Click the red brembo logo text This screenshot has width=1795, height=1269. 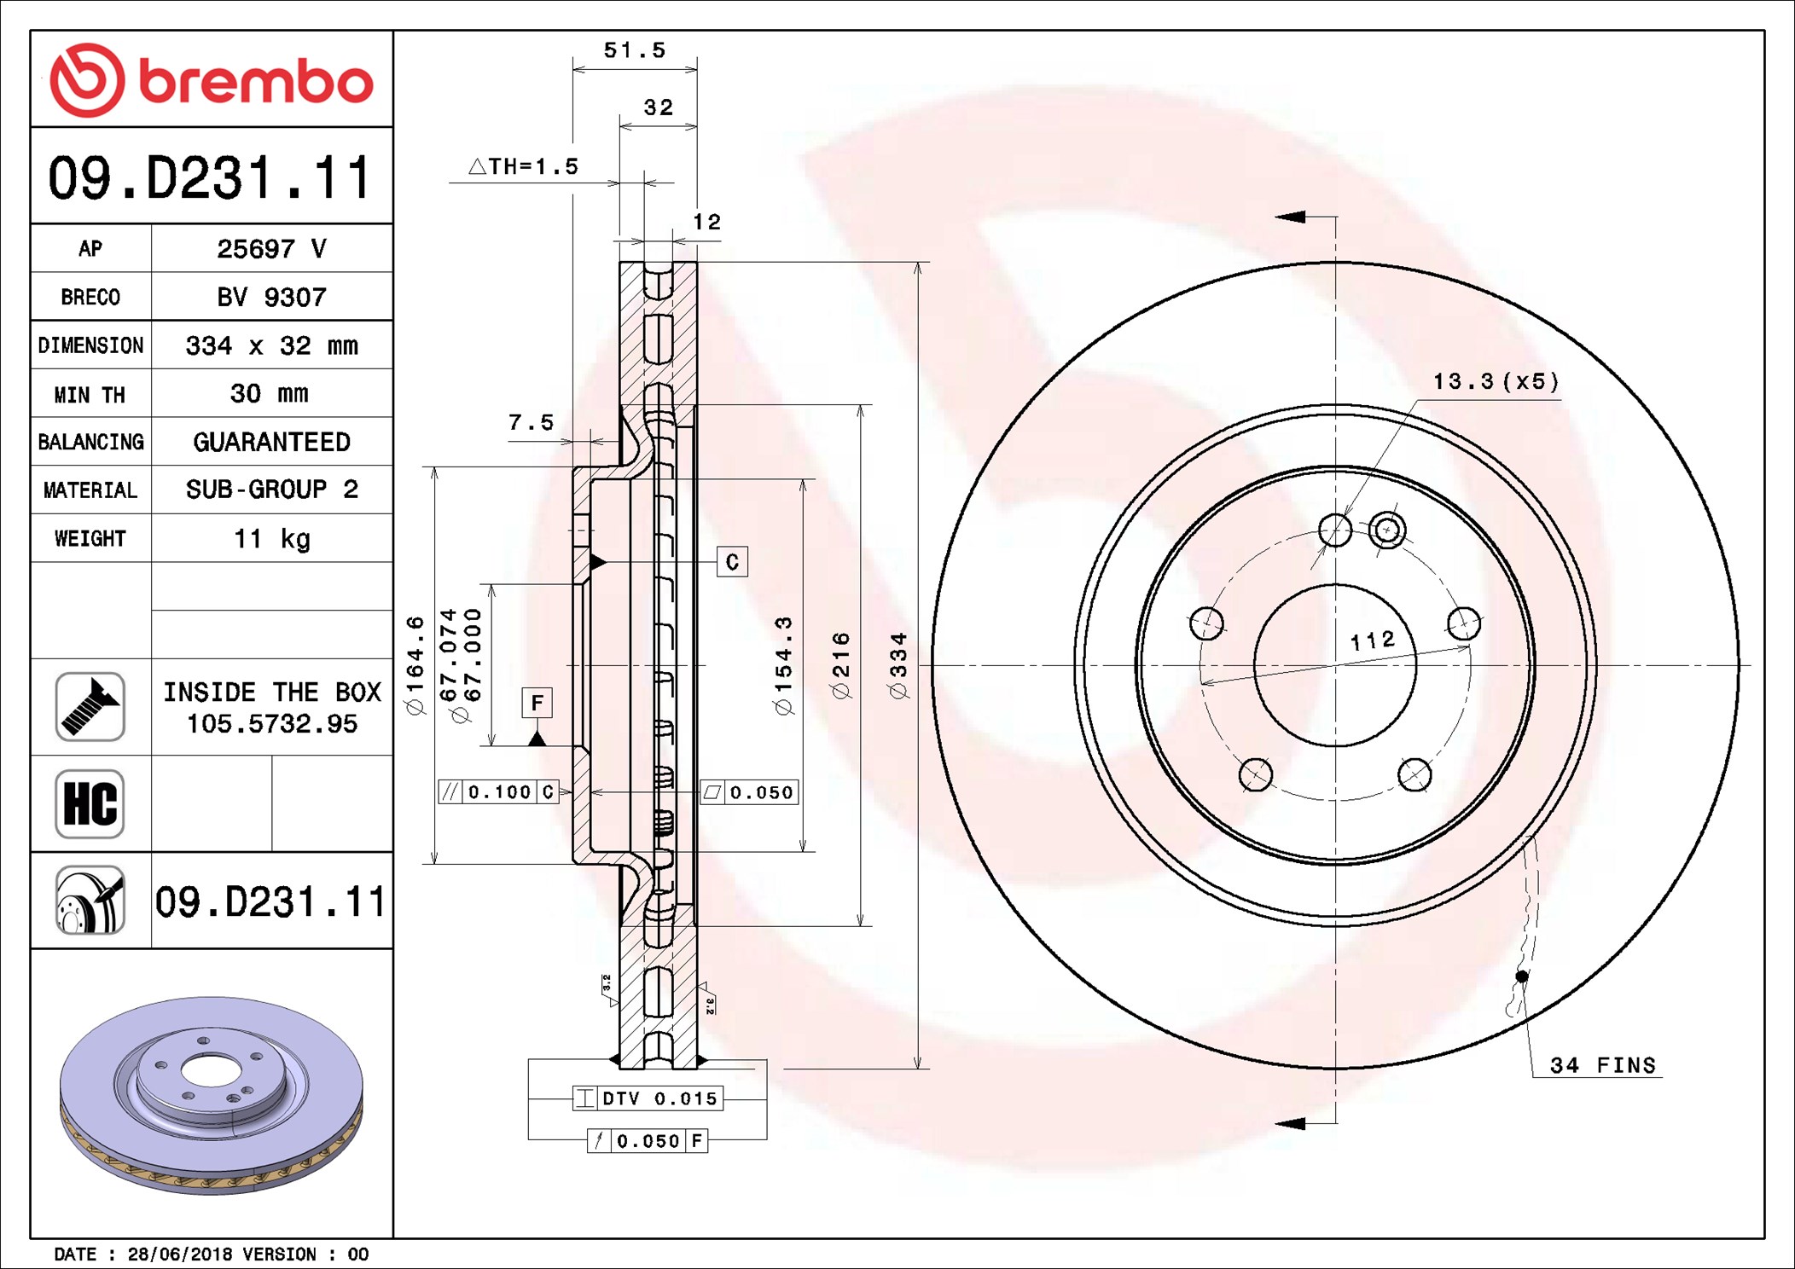point(256,82)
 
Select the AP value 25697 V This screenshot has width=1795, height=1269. point(271,248)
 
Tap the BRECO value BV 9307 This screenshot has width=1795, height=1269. point(271,297)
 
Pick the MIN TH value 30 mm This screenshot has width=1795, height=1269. point(270,393)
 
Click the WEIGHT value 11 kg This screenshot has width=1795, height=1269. point(272,538)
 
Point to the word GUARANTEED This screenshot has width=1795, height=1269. point(271,442)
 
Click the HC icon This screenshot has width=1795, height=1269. point(90,803)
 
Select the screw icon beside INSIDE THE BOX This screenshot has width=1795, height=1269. point(90,706)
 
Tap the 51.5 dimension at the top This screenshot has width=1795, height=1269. point(635,50)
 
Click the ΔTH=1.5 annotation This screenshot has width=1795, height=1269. point(523,166)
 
